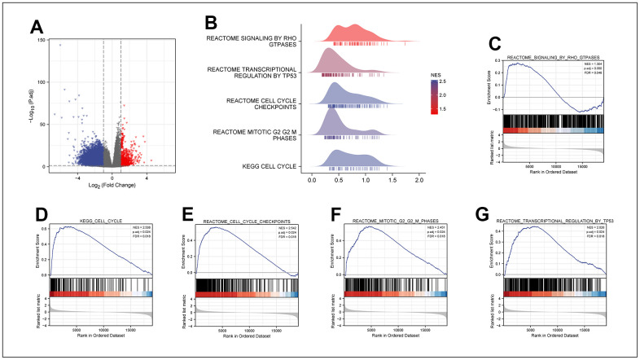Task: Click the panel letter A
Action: [37, 29]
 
